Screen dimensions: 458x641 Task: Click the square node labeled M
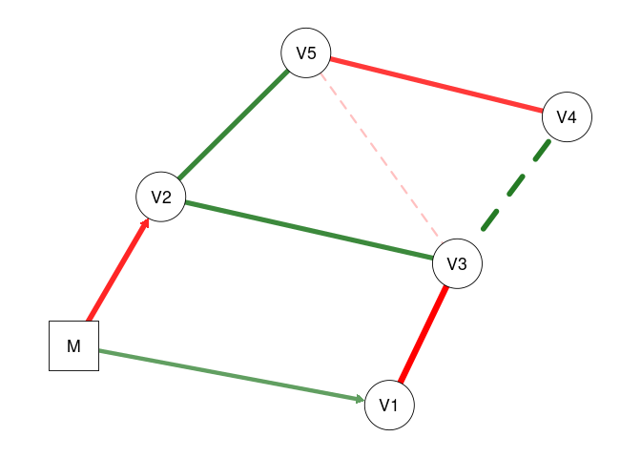click(x=73, y=346)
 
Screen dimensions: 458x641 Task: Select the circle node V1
click(x=389, y=405)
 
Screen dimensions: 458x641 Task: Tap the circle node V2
click(x=160, y=198)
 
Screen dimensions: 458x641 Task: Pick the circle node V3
click(x=457, y=264)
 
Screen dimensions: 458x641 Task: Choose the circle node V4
click(x=567, y=118)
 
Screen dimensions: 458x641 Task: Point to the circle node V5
click(x=306, y=52)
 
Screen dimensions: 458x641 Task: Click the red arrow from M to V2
click(x=117, y=272)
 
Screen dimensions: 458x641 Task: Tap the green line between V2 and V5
click(x=233, y=125)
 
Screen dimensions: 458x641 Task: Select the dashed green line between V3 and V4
click(x=516, y=186)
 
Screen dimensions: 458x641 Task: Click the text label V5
click(x=306, y=52)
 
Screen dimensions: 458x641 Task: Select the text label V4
click(x=567, y=118)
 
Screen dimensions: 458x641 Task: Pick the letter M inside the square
click(x=73, y=346)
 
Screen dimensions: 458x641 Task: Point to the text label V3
click(x=457, y=264)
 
